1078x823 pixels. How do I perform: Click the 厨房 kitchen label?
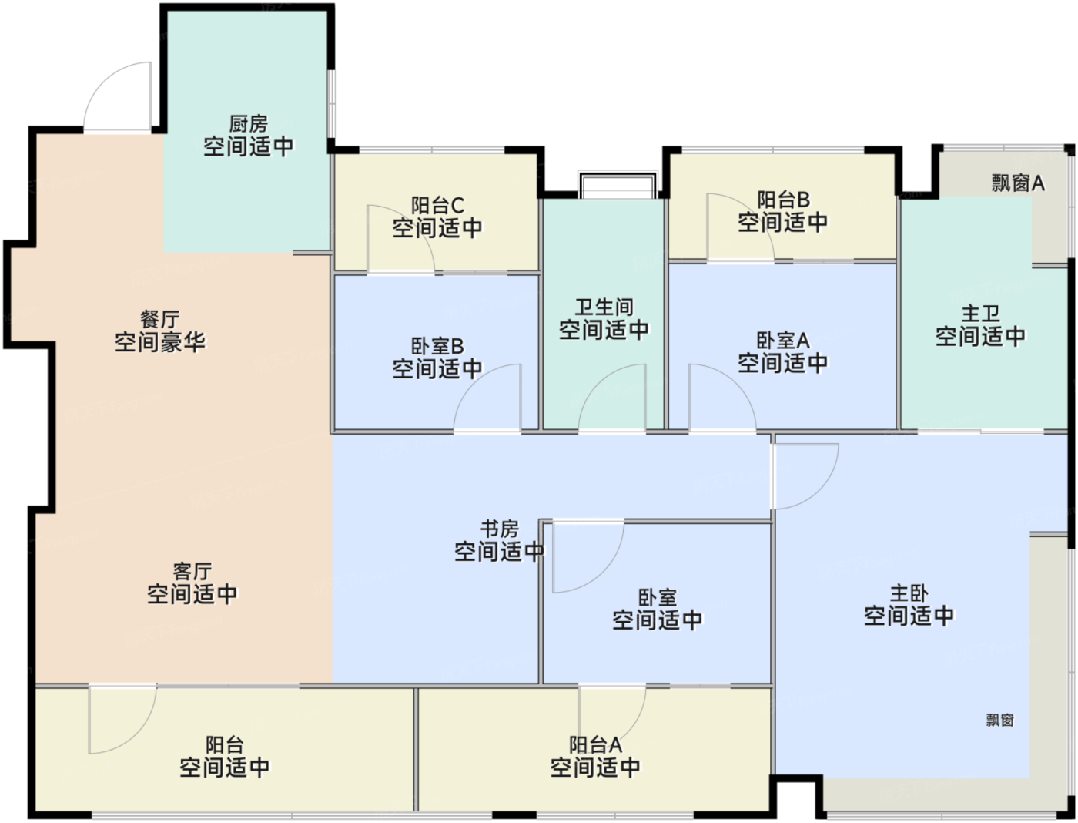pos(248,123)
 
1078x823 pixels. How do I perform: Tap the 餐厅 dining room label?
pos(159,319)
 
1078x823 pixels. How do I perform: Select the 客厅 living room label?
pos(192,571)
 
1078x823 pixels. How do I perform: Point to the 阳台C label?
pos(437,206)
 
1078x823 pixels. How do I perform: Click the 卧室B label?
pos(437,347)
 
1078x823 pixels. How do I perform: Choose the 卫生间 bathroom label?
pos(604,307)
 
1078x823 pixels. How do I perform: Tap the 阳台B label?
pos(783,200)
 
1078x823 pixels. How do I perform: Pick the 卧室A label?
pos(782,341)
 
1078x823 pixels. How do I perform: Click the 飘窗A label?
pos(1017,183)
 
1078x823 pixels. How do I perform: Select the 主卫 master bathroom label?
pos(980,314)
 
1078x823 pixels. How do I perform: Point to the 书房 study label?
pos(499,529)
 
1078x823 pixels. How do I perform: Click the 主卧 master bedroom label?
pos(909,593)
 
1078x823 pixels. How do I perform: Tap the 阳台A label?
pos(595,745)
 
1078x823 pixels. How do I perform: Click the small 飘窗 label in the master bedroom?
pos(999,720)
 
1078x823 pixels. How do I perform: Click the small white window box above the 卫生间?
pos(618,186)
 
